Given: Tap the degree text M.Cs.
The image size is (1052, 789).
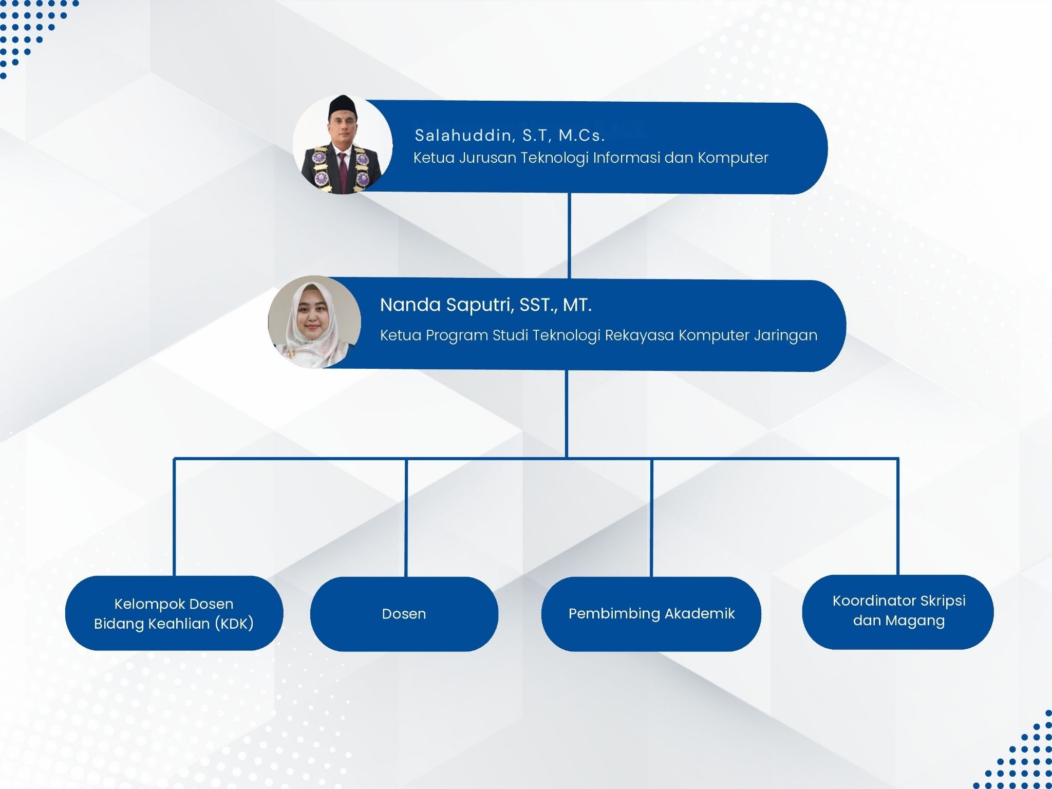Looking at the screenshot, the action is click(581, 135).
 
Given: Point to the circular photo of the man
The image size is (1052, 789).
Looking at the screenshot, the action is click(343, 144).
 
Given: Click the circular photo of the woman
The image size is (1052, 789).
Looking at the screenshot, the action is click(314, 322).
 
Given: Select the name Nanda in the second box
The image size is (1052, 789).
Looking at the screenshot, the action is click(410, 305).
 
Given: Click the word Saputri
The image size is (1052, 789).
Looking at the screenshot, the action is click(480, 306).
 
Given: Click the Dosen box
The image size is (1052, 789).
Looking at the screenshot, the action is click(404, 614).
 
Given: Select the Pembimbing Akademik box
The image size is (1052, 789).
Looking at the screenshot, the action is click(651, 614).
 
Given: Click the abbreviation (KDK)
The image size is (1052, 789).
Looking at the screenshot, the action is click(234, 624).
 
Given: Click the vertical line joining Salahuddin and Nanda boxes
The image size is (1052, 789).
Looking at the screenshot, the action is click(569, 236).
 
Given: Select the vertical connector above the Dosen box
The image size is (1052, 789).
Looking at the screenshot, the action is click(406, 517).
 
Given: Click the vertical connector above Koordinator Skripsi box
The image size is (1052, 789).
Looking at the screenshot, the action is click(898, 516).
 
